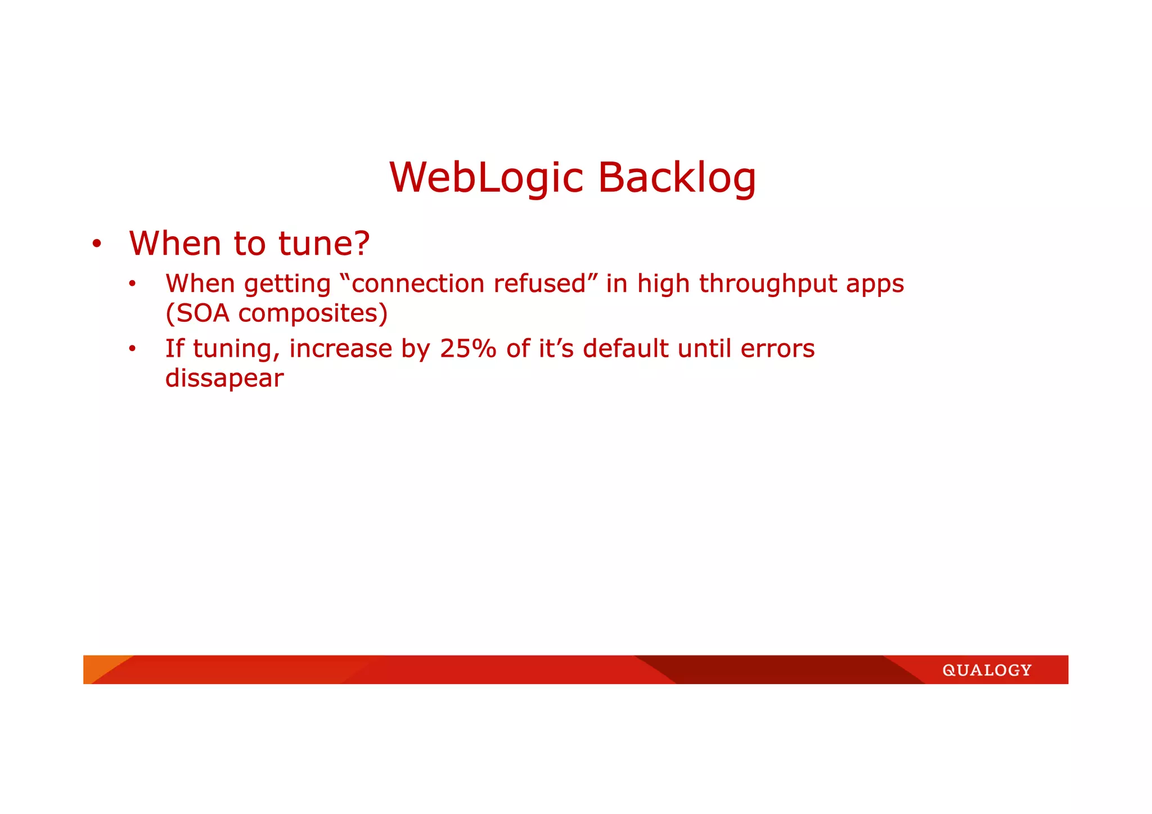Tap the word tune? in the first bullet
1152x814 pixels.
click(x=324, y=244)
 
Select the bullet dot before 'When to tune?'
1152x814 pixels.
click(x=97, y=244)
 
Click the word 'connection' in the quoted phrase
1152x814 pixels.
click(x=419, y=284)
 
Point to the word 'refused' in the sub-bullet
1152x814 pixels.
click(x=539, y=284)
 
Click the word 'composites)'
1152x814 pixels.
click(x=313, y=313)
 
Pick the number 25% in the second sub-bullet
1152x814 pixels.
click(x=468, y=349)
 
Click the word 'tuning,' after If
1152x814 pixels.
click(x=236, y=349)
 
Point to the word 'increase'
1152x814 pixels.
click(x=340, y=349)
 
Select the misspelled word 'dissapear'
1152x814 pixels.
click(x=224, y=378)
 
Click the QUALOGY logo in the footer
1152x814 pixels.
click(x=987, y=670)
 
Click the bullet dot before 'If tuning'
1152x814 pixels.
click(x=132, y=349)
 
